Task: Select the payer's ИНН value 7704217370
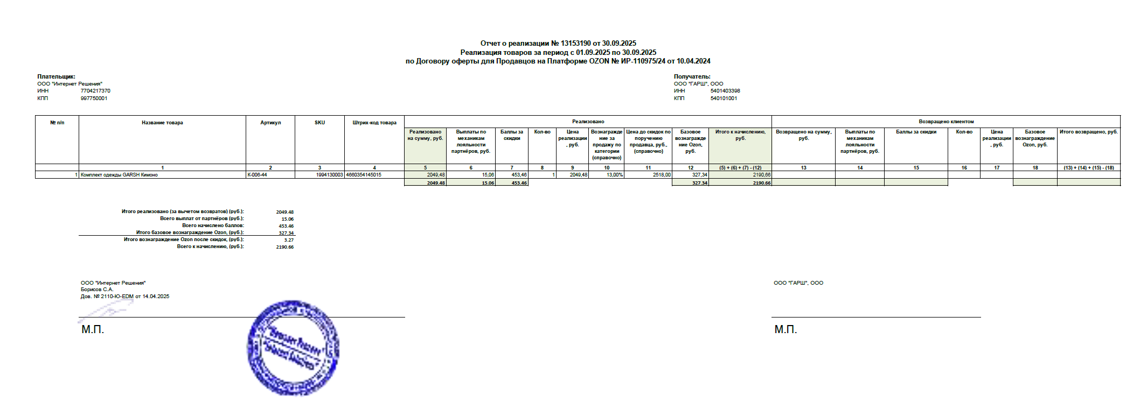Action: [95, 91]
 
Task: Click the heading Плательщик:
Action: [56, 77]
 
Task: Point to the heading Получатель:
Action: [692, 77]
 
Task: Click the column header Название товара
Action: [162, 123]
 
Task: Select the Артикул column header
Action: [270, 123]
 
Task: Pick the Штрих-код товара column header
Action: [374, 123]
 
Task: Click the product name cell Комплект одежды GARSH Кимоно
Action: [119, 175]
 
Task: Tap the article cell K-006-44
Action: [257, 175]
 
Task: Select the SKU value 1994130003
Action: [329, 175]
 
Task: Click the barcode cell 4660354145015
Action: [364, 175]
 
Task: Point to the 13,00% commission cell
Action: [615, 175]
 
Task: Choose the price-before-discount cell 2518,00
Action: [662, 175]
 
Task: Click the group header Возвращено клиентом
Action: [946, 122]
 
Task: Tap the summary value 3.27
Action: [289, 240]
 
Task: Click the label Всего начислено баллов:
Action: [213, 225]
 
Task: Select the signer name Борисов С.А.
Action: [97, 290]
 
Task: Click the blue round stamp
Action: [293, 347]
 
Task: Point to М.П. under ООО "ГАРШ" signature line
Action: [786, 329]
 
